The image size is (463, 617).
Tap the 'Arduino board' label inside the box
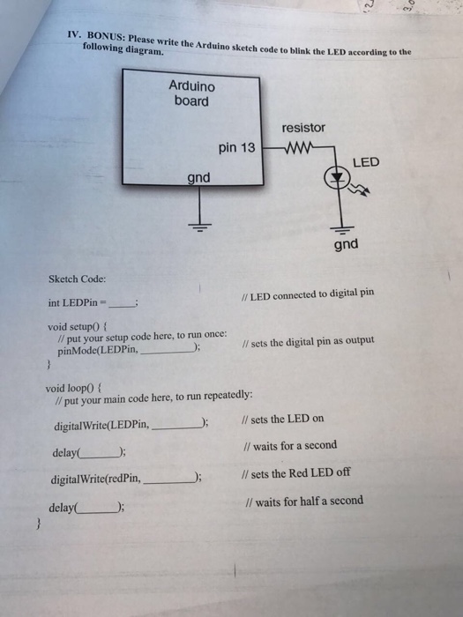(191, 93)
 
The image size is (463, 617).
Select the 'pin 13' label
(236, 148)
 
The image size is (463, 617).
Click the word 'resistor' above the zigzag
(304, 128)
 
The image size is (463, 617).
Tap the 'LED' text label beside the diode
(366, 162)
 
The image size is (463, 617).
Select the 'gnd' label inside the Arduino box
(198, 178)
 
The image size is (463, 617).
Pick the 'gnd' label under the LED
(346, 243)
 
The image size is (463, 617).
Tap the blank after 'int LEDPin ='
(120, 304)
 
